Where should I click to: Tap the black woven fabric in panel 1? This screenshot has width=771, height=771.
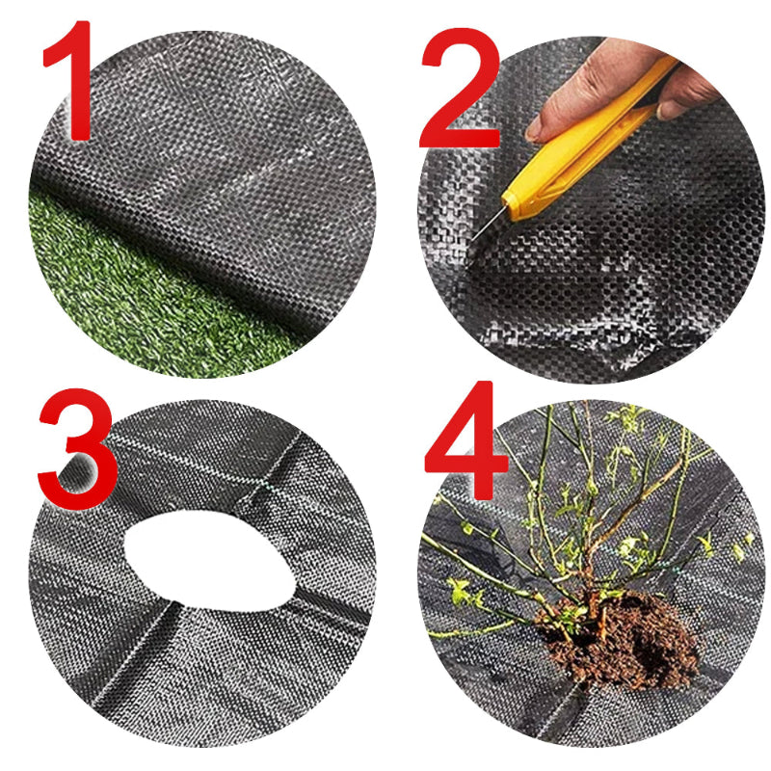tap(222, 164)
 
